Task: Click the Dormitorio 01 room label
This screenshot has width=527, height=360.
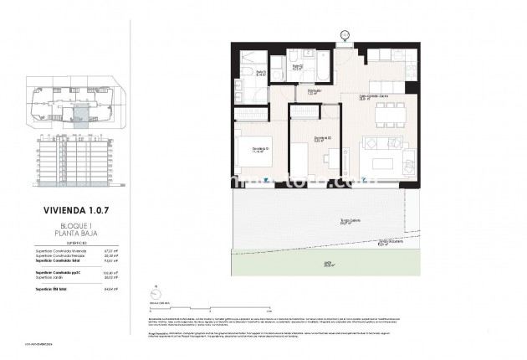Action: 259,150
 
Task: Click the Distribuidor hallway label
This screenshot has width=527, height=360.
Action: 315,91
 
